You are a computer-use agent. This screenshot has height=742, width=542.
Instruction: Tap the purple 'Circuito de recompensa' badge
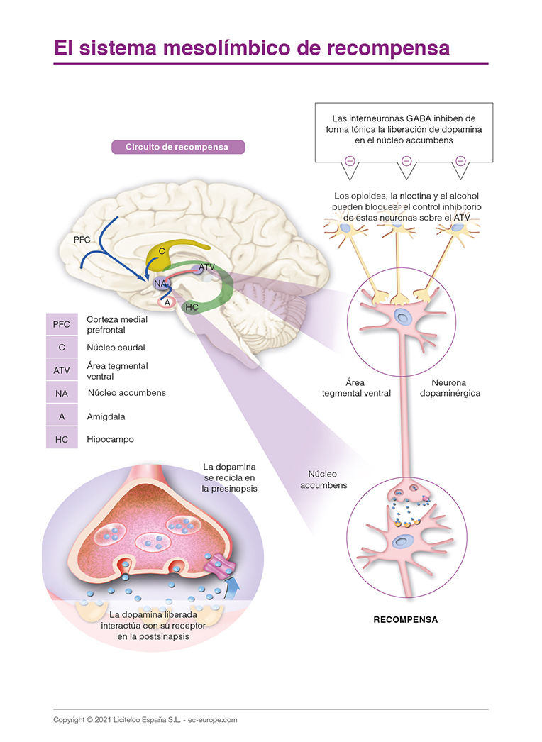[x=177, y=148]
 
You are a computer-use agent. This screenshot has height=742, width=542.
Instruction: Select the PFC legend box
[x=62, y=324]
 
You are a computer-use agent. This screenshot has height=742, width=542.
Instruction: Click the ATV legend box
[x=62, y=370]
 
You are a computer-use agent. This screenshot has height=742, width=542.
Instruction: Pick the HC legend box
[x=62, y=440]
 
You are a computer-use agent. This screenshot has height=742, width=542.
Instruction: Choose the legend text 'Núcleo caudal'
[x=116, y=348]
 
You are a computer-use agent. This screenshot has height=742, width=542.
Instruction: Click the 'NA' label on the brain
[x=160, y=283]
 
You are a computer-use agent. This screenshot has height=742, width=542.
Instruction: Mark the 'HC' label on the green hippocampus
[x=191, y=306]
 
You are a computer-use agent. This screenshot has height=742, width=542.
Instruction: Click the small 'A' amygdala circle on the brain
[x=167, y=302]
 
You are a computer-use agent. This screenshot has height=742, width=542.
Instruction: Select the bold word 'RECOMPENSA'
[x=406, y=619]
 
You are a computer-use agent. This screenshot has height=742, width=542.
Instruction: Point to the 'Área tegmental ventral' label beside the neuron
[x=356, y=387]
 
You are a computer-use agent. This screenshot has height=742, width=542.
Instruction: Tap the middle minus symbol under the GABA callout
[x=406, y=161]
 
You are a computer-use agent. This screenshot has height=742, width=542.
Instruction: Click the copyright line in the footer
[x=145, y=719]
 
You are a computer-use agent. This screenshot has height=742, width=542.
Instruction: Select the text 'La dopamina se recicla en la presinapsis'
[x=229, y=477]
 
